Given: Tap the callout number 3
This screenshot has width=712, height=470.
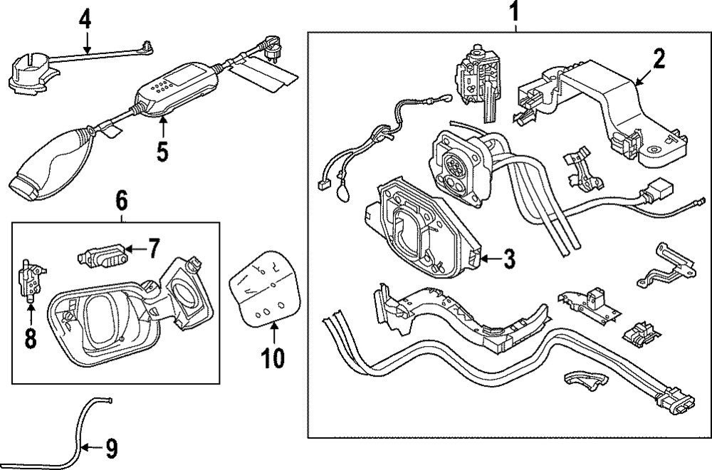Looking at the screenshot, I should coord(508,259).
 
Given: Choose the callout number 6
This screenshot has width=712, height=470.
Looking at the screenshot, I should coord(121,202).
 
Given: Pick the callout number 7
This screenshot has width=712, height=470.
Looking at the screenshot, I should coord(154,249).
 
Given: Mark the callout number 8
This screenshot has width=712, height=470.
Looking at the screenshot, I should coord(29,337).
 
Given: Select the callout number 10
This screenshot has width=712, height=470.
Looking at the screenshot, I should coord(273,356).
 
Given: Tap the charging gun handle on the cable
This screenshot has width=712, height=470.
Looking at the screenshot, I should coord(46,160).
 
